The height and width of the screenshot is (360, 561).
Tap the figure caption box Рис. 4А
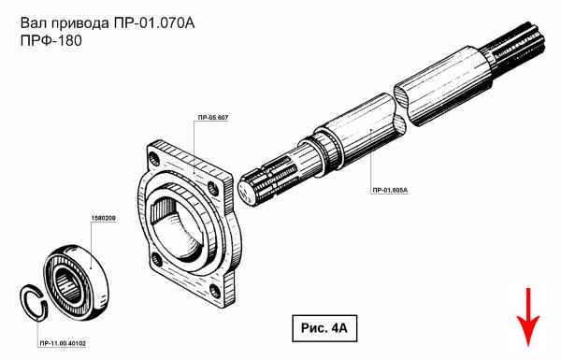(324, 328)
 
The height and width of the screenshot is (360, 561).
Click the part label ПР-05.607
(212, 118)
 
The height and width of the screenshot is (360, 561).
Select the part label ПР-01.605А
(390, 191)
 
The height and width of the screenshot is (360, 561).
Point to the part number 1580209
(104, 218)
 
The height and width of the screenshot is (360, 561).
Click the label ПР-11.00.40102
(63, 344)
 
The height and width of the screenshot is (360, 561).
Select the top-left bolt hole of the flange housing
(155, 159)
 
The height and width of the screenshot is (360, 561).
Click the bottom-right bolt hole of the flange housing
(216, 290)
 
